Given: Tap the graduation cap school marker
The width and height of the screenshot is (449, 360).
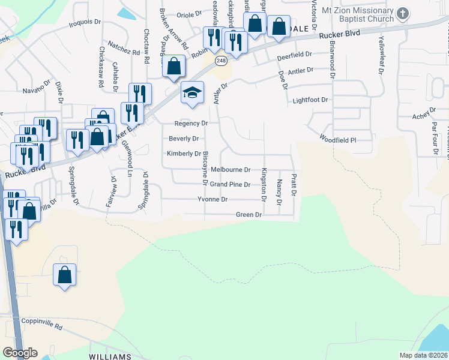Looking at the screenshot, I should pyautogui.click(x=192, y=93).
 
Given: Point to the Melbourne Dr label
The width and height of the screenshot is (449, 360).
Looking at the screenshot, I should pyautogui.click(x=230, y=170).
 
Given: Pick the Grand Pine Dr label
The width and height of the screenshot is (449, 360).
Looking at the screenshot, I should pyautogui.click(x=230, y=184).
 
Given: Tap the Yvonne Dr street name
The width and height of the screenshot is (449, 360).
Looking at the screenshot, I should pyautogui.click(x=212, y=199).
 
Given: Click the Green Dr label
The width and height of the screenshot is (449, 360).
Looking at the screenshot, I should pyautogui.click(x=249, y=214).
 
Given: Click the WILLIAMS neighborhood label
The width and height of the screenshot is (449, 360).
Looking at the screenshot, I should pyautogui.click(x=109, y=356).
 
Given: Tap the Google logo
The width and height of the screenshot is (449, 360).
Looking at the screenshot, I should pyautogui.click(x=20, y=353).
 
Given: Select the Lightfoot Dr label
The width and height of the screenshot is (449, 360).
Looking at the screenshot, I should pyautogui.click(x=311, y=100).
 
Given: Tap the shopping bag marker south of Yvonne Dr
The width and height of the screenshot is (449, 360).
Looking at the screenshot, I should pyautogui.click(x=65, y=275).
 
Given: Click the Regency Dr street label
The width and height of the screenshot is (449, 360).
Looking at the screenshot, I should pyautogui.click(x=191, y=123).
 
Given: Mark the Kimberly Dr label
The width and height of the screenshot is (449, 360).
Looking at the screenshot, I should pyautogui.click(x=184, y=154).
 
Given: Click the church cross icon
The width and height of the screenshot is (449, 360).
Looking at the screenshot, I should pyautogui.click(x=403, y=13).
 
